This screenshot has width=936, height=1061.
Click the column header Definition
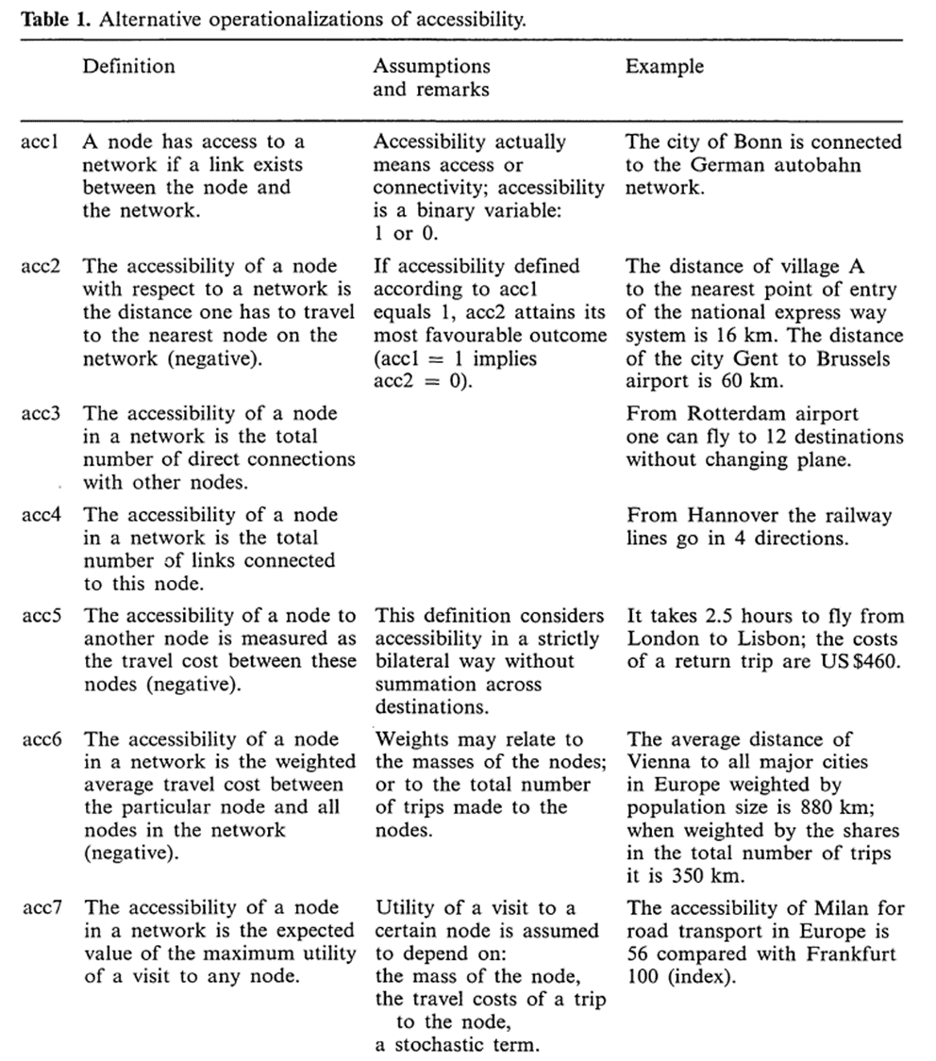(128, 66)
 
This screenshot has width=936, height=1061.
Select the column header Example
(664, 66)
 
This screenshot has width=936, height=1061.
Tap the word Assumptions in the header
(431, 66)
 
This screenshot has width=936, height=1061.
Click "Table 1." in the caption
(56, 18)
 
